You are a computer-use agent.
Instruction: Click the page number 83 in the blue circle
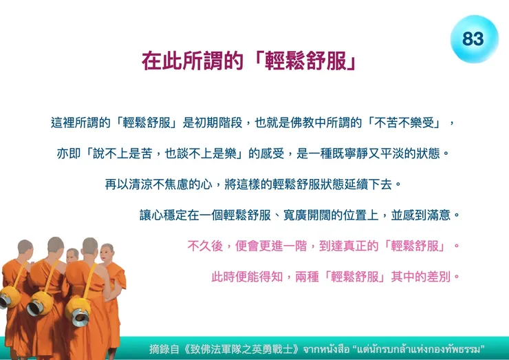coord(473,38)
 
